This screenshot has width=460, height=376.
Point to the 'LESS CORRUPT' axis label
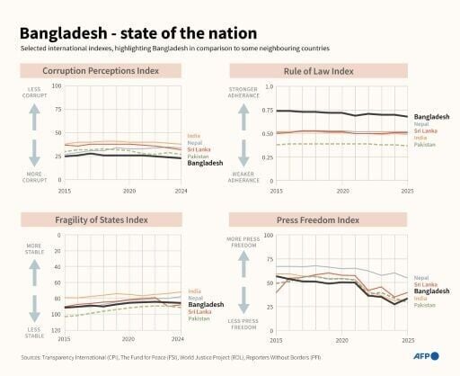tap(35, 94)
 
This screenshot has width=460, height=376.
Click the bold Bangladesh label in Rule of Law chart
tap(432, 117)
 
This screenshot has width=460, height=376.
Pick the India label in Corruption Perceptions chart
tap(194, 136)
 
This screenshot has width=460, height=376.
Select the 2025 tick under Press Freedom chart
tap(408, 341)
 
